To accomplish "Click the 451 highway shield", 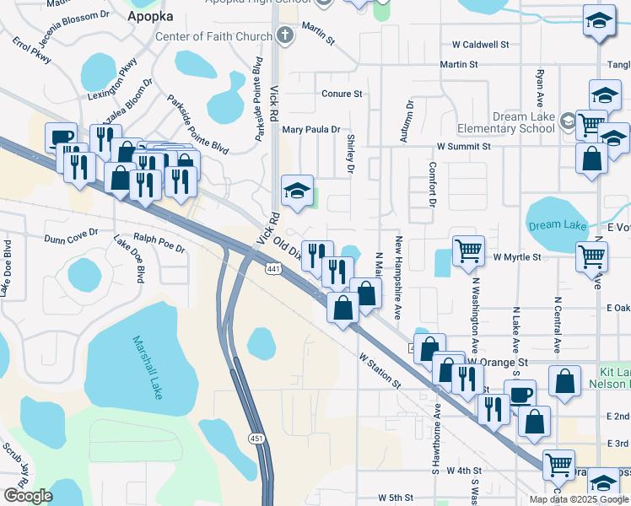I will pos(257,438).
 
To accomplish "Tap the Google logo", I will pos(29,496).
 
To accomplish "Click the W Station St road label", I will pos(380,372).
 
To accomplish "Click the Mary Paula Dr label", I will pos(310,130).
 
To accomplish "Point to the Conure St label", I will pos(341,94).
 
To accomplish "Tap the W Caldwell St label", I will pos(480,44).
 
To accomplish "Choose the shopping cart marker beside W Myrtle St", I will pos(468,250).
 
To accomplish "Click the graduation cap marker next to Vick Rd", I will pos(297,190).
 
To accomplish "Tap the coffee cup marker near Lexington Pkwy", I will pos(61,137).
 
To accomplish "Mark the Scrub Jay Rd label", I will pos(17,460).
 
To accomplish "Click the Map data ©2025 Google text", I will pos(578,499).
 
